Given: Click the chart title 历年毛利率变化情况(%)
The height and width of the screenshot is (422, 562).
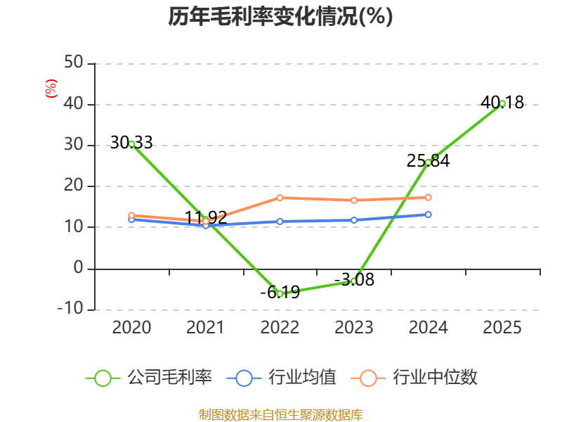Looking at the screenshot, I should coord(280,16).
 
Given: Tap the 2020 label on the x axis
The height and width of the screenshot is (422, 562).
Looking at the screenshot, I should coord(131,327).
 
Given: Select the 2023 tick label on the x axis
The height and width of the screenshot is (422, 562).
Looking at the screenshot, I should coord(354,327).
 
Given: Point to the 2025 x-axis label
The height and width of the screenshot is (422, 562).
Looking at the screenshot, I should coord(502,327).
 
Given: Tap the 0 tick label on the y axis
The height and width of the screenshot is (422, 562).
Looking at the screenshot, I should coord(79,269).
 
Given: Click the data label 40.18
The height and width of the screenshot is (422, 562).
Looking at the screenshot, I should coord(502,103).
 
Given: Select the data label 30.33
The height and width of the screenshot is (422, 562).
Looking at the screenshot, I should coord(131,143).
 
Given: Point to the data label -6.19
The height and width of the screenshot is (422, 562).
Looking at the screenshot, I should coord(280,292).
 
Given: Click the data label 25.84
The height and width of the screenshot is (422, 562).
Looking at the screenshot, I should coord(428,161).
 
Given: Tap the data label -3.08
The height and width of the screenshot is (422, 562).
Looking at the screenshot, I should coord(354,280).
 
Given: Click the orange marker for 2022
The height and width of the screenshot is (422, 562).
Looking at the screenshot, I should coord(280,198).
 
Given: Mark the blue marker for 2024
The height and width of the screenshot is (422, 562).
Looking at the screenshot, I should coord(428,215).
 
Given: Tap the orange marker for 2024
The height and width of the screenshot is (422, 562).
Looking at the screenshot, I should coord(428,198).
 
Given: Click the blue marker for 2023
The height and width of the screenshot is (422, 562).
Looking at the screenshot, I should coord(354,220).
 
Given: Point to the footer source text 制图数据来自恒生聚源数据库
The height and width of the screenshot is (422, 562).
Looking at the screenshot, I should coord(280,414).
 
